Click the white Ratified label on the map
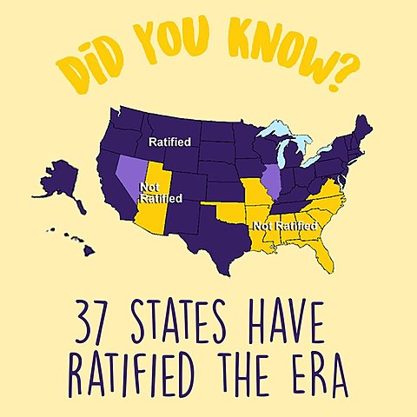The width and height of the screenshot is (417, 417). [170, 141]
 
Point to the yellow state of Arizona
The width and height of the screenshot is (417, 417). [155, 216]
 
